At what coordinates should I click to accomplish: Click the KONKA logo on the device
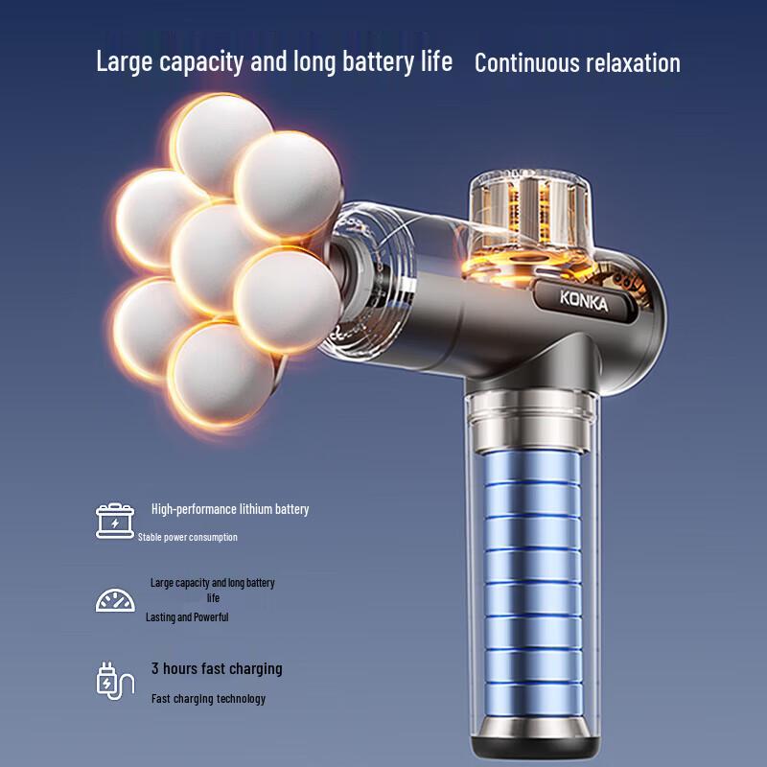click(x=584, y=300)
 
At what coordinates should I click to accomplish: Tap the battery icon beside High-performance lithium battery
click(x=115, y=522)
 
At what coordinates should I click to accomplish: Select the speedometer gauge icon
click(x=115, y=600)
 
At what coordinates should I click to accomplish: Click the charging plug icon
click(x=115, y=681)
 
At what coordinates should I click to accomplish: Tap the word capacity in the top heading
click(x=201, y=62)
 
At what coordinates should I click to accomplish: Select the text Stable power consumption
click(x=187, y=537)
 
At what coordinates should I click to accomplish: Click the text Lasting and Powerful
click(x=187, y=616)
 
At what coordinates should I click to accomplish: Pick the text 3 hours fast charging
click(x=217, y=668)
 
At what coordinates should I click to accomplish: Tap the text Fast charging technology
click(x=208, y=699)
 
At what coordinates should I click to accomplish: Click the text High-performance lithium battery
click(x=230, y=509)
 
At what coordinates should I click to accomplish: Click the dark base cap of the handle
click(x=534, y=738)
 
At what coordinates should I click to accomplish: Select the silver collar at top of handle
click(x=532, y=421)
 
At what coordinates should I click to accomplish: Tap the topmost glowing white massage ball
click(x=221, y=142)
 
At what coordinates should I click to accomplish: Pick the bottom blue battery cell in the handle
click(x=533, y=700)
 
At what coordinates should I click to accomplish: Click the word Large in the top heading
click(x=126, y=62)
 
